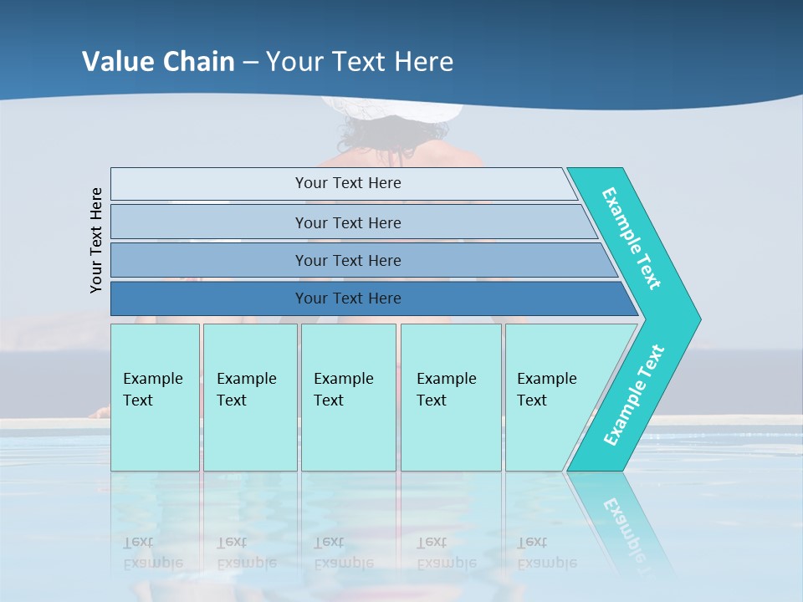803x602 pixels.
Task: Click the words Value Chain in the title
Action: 158,62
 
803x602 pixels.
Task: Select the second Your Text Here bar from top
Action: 348,222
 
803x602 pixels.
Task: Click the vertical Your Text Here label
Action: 97,240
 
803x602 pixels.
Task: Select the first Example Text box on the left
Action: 155,397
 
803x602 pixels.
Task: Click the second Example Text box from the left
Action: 249,397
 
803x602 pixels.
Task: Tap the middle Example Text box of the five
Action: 348,397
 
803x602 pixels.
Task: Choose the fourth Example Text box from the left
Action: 450,397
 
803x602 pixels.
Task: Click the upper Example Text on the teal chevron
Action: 632,238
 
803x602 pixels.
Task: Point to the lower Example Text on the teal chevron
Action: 633,395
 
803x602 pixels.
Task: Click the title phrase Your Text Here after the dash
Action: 360,62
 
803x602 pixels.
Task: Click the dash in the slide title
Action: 250,63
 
